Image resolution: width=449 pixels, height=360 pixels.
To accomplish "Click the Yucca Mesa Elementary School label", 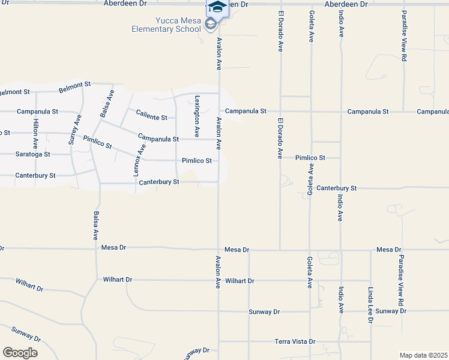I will [x=170, y=25].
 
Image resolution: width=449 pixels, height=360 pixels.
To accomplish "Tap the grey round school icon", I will [x=210, y=24].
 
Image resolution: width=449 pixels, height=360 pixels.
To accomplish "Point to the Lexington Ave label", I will [x=196, y=117].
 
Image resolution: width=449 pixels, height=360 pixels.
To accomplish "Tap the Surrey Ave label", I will [x=74, y=130].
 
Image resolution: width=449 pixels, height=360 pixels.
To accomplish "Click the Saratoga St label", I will [x=33, y=154].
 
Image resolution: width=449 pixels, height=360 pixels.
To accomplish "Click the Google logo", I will [x=20, y=352].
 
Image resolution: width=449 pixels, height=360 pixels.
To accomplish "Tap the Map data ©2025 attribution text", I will [x=423, y=355].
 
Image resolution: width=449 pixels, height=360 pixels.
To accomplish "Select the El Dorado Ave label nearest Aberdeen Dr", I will [x=280, y=31].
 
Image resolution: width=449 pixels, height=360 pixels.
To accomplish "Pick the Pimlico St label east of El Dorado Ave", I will [x=310, y=158].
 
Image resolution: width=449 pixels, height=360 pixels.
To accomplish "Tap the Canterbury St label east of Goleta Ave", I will [x=337, y=188].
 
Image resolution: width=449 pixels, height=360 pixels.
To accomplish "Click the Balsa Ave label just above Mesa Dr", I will [x=95, y=227].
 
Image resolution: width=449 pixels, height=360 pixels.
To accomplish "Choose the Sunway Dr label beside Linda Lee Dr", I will [x=391, y=311].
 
